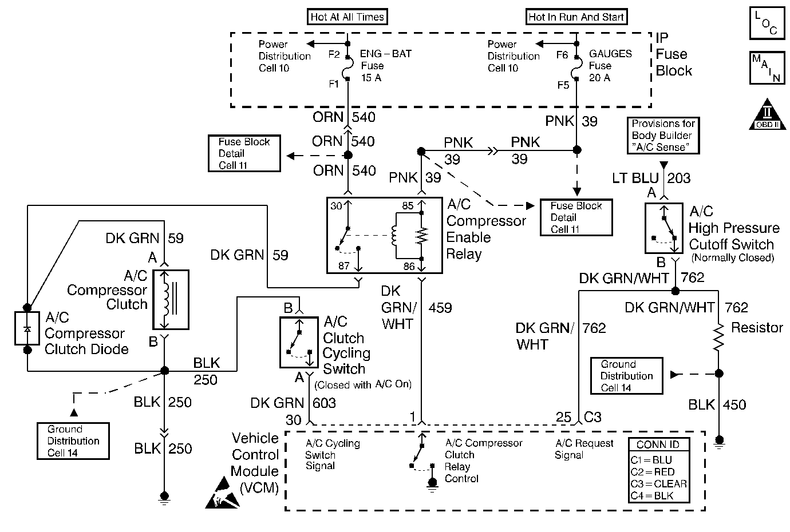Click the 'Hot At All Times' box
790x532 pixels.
pyautogui.click(x=347, y=17)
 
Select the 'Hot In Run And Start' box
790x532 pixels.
pyautogui.click(x=576, y=17)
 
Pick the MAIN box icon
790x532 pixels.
pyautogui.click(x=766, y=68)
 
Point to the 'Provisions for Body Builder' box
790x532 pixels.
pyautogui.click(x=663, y=136)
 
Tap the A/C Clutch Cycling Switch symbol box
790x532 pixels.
pyautogui.click(x=298, y=342)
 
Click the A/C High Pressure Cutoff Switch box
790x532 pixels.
pyautogui.click(x=663, y=228)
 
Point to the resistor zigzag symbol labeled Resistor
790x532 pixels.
pyautogui.click(x=720, y=339)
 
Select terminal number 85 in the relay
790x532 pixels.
pyautogui.click(x=407, y=205)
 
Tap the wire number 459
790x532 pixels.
pyautogui.click(x=440, y=308)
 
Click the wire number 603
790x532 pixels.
pyautogui.click(x=324, y=403)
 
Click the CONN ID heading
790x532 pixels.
pyautogui.click(x=658, y=445)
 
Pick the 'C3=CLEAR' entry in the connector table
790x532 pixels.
pyautogui.click(x=658, y=484)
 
